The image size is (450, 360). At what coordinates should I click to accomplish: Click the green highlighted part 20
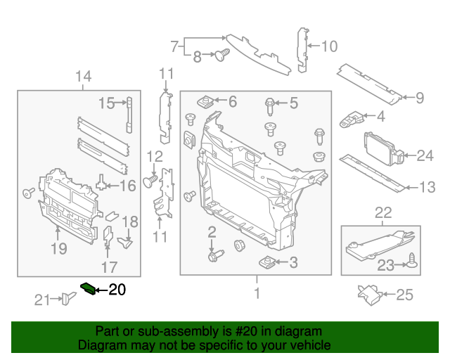tap(89, 288)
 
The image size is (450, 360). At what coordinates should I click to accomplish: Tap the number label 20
tap(117, 289)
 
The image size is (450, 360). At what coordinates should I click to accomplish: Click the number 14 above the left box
tap(83, 76)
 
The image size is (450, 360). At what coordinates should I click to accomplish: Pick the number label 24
tap(425, 155)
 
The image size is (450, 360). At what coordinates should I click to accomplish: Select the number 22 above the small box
tap(382, 212)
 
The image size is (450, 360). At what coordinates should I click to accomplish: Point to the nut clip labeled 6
tap(207, 102)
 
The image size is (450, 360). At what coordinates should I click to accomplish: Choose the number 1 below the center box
tap(257, 292)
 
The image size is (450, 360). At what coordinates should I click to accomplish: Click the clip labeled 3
tap(265, 263)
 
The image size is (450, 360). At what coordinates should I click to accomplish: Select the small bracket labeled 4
tap(351, 119)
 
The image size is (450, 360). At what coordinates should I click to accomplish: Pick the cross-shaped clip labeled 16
tap(103, 184)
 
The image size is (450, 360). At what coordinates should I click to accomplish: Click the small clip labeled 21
tap(68, 299)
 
